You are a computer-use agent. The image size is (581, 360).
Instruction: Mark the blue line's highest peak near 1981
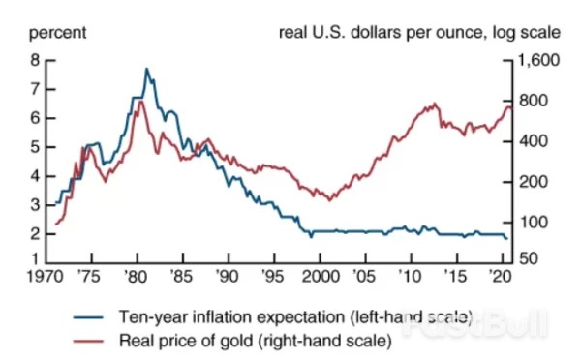coord(146,69)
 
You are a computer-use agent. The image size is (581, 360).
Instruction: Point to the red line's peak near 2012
coord(435,104)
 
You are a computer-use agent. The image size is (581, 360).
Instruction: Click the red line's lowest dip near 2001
coord(330,200)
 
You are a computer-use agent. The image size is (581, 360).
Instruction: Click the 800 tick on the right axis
coord(531,101)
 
